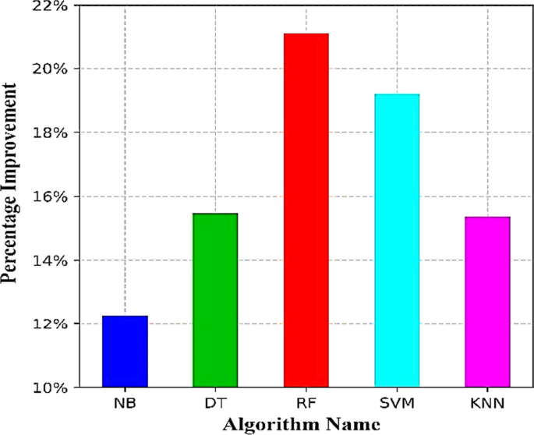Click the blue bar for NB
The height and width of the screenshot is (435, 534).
pyautogui.click(x=125, y=352)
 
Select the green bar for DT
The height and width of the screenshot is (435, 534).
pyautogui.click(x=215, y=300)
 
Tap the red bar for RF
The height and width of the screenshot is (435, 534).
pyautogui.click(x=306, y=210)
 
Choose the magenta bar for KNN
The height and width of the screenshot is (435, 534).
pyautogui.click(x=487, y=302)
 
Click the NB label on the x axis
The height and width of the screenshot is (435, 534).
pyautogui.click(x=125, y=404)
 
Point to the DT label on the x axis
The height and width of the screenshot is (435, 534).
pyautogui.click(x=215, y=404)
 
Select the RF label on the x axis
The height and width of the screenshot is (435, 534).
pyautogui.click(x=306, y=404)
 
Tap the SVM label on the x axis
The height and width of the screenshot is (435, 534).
pyautogui.click(x=397, y=404)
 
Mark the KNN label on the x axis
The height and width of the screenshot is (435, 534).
pyautogui.click(x=487, y=404)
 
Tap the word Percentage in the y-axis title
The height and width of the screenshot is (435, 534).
pyautogui.click(x=12, y=247)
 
